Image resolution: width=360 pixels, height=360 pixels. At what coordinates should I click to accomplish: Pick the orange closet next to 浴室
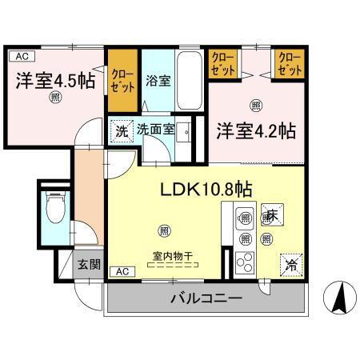pyautogui.click(x=122, y=74)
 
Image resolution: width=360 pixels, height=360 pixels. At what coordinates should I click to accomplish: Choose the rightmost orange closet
pyautogui.click(x=290, y=64)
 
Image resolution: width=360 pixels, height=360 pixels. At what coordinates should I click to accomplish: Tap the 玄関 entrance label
pyautogui.click(x=87, y=263)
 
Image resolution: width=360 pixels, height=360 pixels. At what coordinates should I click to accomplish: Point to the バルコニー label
pyautogui.click(x=205, y=300)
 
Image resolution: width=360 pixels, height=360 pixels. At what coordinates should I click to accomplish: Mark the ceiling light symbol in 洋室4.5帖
pyautogui.click(x=55, y=98)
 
